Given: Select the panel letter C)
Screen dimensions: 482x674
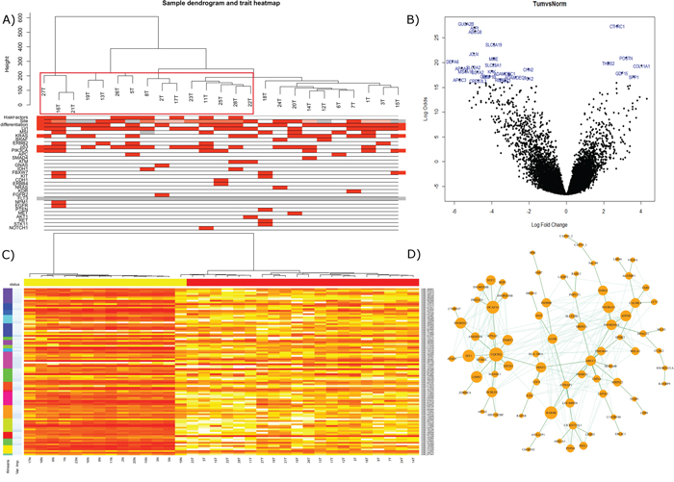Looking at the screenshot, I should [x=8, y=255].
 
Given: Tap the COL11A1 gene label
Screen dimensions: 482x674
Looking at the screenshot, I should [x=640, y=65].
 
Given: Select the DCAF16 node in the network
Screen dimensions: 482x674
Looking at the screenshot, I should [x=493, y=307].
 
